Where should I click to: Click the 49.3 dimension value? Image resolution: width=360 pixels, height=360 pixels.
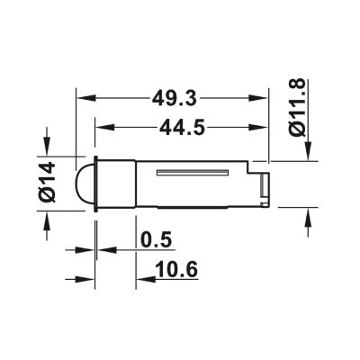[x=175, y=98]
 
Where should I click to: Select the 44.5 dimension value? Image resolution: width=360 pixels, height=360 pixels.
[x=182, y=127]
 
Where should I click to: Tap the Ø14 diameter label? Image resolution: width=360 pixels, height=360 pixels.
[x=48, y=182]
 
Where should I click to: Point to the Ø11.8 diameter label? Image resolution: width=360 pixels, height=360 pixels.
[x=298, y=107]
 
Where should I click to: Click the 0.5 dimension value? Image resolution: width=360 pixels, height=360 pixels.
[x=156, y=240]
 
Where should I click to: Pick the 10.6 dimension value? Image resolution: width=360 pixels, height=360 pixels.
[x=177, y=269]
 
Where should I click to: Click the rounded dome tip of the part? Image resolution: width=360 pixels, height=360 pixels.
[x=86, y=184]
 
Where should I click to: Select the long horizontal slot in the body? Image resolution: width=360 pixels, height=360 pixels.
[x=193, y=173]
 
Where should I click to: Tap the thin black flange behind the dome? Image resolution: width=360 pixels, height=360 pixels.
[x=96, y=184]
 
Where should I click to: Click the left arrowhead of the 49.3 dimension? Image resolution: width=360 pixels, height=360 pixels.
[x=86, y=98]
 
